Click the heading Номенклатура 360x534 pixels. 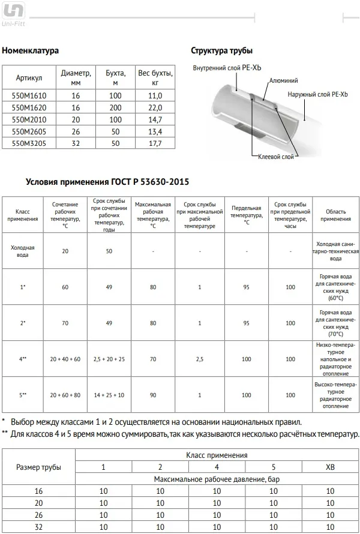click(x=31, y=50)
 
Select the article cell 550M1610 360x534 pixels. click(x=29, y=95)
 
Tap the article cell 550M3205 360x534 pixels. click(x=29, y=143)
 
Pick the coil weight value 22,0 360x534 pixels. click(x=155, y=107)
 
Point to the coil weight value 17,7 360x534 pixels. click(x=155, y=143)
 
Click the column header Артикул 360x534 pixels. click(x=29, y=78)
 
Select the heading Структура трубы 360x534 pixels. click(x=221, y=50)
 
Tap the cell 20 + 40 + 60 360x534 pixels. click(x=65, y=358)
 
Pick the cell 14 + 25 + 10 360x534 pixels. click(x=109, y=395)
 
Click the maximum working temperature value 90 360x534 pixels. click(x=153, y=395)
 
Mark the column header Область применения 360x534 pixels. click(x=335, y=215)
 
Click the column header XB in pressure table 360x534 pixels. click(x=330, y=467)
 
